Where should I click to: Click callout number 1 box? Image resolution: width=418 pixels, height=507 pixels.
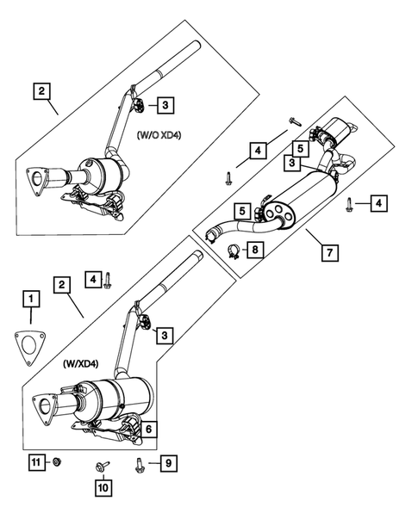point(31,299)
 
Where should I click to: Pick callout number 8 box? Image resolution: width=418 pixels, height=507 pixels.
point(255,250)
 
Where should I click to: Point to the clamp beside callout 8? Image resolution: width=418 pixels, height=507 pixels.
point(231,251)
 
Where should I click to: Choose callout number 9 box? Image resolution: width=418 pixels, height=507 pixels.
point(168,464)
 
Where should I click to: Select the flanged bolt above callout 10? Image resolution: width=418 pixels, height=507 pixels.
point(103,467)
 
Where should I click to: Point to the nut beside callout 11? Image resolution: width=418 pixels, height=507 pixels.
point(54,463)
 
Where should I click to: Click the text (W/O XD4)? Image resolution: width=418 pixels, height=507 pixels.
point(158,134)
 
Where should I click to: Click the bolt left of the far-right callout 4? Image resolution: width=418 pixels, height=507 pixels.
point(350,203)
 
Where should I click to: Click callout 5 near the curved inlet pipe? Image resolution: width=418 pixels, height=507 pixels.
point(244,208)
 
